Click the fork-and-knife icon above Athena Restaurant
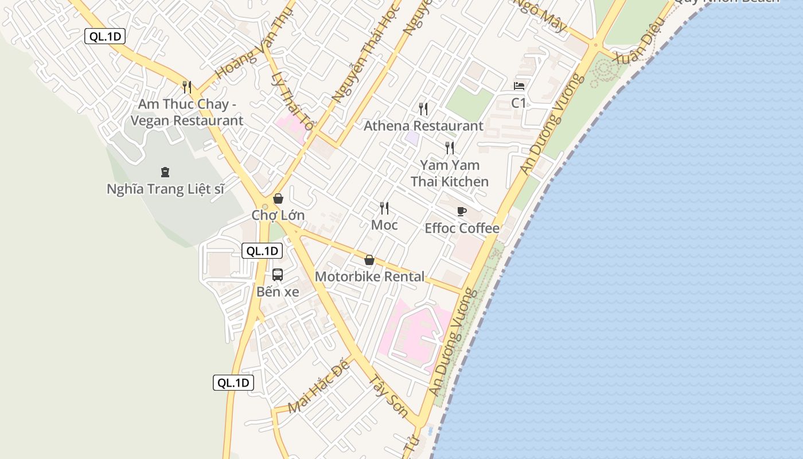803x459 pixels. click(x=423, y=108)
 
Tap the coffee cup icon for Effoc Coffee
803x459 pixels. click(x=462, y=211)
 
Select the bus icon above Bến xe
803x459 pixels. click(x=278, y=274)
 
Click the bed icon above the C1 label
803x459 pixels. click(x=519, y=86)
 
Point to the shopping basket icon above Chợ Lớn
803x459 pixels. click(x=278, y=199)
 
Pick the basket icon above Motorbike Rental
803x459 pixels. click(x=369, y=260)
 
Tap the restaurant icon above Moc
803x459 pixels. click(x=384, y=208)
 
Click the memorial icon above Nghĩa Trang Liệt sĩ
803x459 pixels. click(x=165, y=172)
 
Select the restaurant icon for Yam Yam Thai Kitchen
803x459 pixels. click(x=450, y=147)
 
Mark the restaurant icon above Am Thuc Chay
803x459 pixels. click(x=186, y=87)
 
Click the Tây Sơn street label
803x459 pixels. click(x=388, y=396)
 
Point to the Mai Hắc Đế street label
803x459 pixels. click(x=319, y=388)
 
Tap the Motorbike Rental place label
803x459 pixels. click(x=370, y=277)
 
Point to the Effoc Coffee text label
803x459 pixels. click(x=462, y=228)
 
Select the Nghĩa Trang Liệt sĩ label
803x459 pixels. click(x=165, y=189)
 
